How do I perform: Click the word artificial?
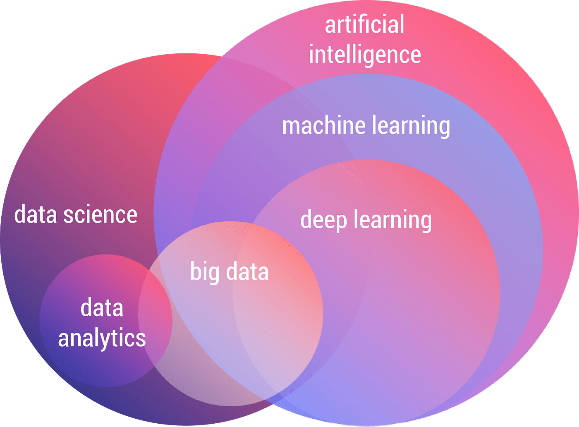[x=364, y=25]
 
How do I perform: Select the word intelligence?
[x=365, y=55]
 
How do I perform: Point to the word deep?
[x=323, y=220]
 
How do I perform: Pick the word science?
[x=100, y=215]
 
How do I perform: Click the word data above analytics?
[x=102, y=308]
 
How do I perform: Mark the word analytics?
[x=102, y=338]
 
